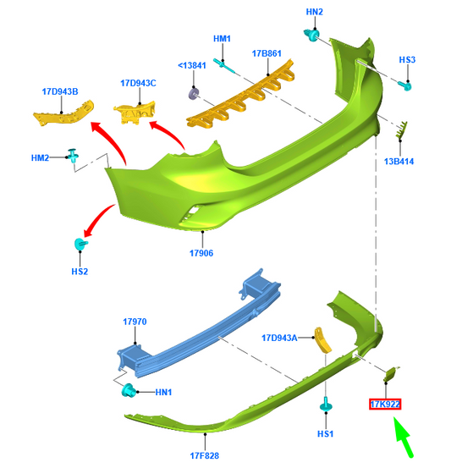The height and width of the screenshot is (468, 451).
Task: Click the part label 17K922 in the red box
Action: pos(385,405)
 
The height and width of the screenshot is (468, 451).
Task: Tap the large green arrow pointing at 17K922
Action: pos(404,437)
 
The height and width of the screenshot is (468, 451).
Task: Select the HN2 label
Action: pos(314,12)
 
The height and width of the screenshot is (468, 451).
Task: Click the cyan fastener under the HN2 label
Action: pos(311,35)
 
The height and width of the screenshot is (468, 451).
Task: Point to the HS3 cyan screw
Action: pos(405,85)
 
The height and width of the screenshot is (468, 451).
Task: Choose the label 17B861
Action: pos(267,53)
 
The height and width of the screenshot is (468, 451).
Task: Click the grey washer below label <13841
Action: pos(195,94)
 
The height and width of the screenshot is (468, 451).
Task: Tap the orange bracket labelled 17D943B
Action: pos(63,113)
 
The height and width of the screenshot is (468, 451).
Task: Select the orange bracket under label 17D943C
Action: pos(135,113)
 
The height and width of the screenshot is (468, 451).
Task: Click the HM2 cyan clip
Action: pos(73,156)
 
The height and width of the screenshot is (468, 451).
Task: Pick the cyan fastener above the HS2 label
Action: pos(80,244)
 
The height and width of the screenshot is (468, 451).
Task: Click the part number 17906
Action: pos(201,253)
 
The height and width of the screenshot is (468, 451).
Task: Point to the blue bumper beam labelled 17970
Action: pos(200,324)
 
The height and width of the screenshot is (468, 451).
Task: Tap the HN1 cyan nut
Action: pos(129,390)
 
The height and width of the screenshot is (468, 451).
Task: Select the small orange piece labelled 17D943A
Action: pos(322,340)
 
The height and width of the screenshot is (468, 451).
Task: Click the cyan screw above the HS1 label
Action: pos(326,405)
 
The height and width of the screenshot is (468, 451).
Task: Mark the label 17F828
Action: pos(205,456)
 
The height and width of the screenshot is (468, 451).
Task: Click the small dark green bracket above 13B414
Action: pos(401,129)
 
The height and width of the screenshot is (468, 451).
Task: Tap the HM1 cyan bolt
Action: pos(224,65)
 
